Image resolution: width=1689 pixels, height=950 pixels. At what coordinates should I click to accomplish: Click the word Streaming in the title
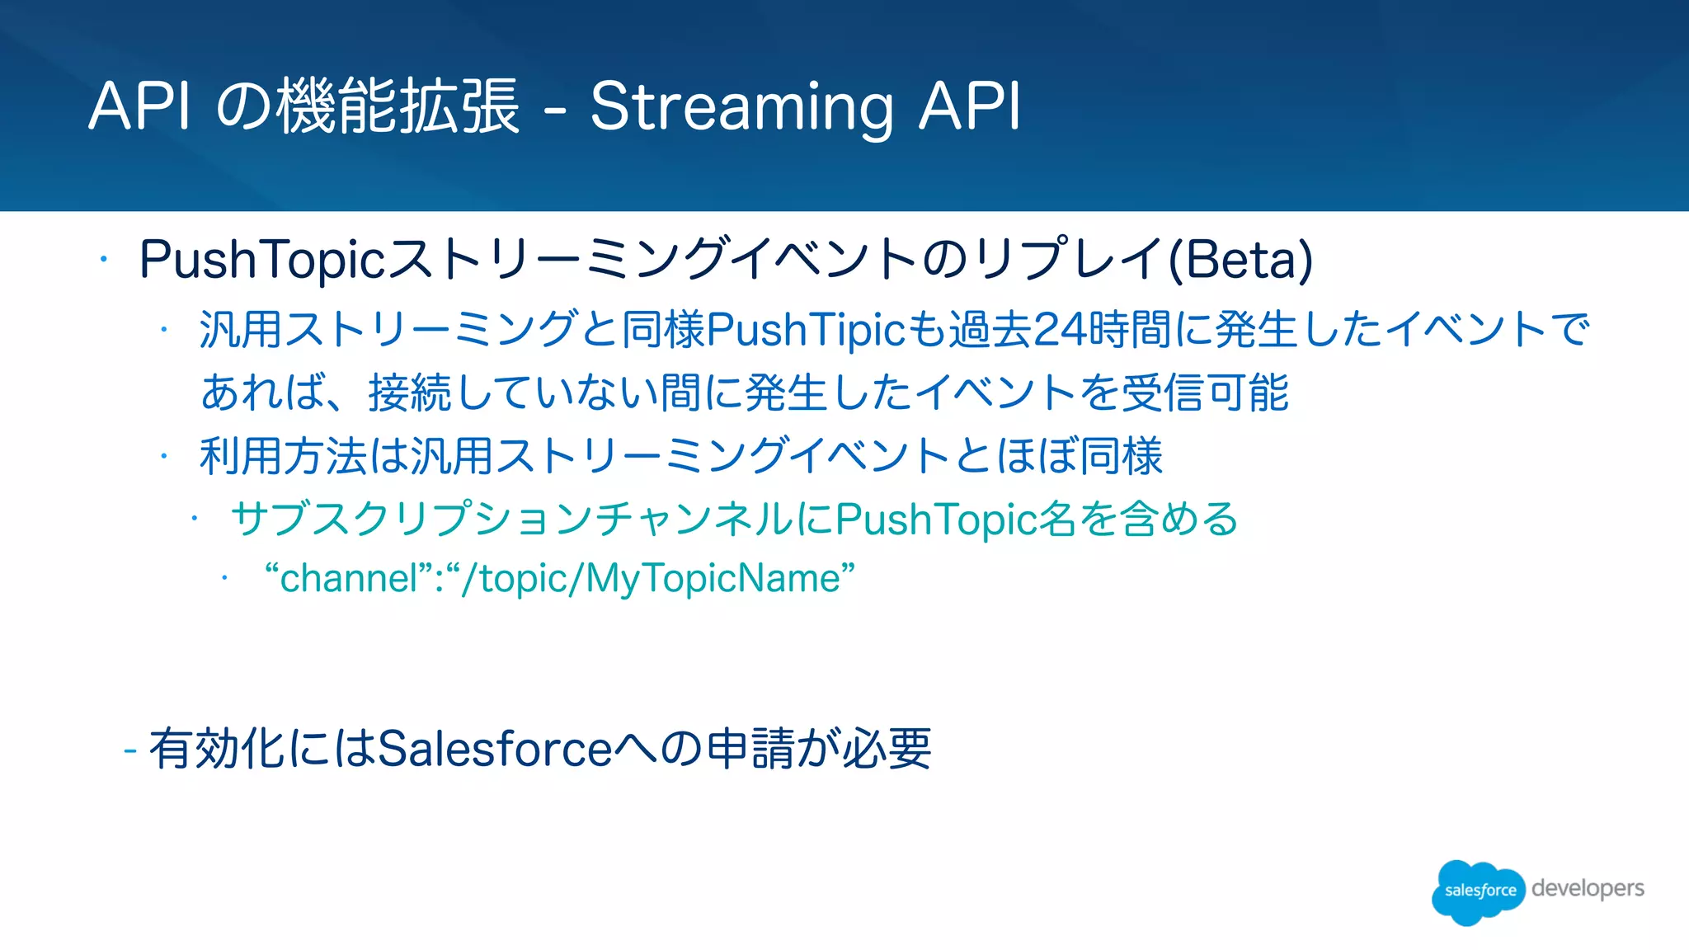tap(741, 107)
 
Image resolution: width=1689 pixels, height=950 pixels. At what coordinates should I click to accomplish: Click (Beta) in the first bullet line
tap(1240, 260)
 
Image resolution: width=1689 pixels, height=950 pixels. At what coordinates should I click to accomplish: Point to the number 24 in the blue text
tap(1060, 330)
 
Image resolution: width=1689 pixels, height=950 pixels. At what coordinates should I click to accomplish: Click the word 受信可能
tap(1205, 393)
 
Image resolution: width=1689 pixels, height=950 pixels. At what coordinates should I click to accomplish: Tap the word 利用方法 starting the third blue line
tap(283, 456)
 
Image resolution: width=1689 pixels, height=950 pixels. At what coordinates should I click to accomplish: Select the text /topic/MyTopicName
tap(650, 578)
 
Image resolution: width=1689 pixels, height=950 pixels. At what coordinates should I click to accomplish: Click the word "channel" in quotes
tap(349, 578)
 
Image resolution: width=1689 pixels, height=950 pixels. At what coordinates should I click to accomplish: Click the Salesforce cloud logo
tap(1479, 891)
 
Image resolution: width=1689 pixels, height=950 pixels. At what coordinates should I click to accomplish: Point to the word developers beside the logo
tap(1588, 888)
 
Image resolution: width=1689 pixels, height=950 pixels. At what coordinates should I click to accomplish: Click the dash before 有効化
tap(129, 750)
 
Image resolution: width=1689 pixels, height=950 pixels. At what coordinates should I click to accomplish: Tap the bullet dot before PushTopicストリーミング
tap(104, 260)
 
